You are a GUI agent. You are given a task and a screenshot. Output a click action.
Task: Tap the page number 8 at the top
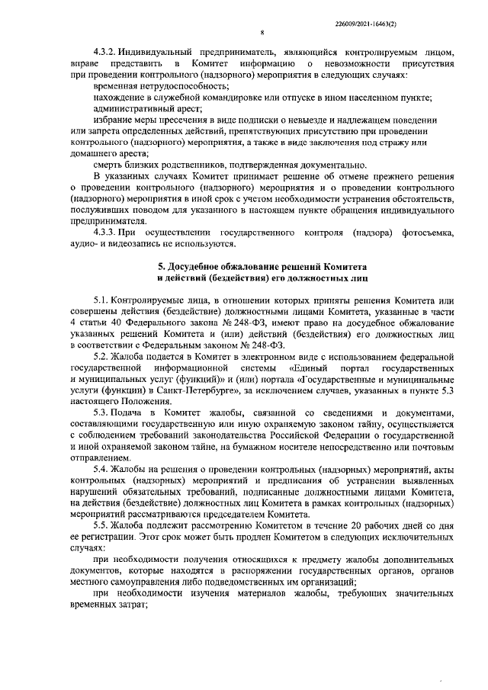click(262, 33)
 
